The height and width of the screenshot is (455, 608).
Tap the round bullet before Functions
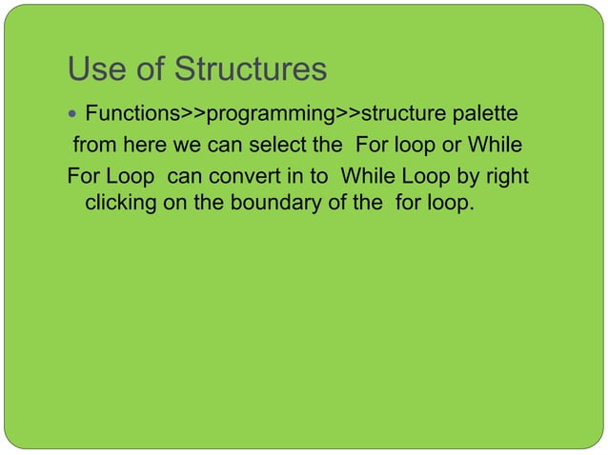74,116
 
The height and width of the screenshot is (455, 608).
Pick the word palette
483,115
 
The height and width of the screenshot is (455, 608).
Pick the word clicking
120,203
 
